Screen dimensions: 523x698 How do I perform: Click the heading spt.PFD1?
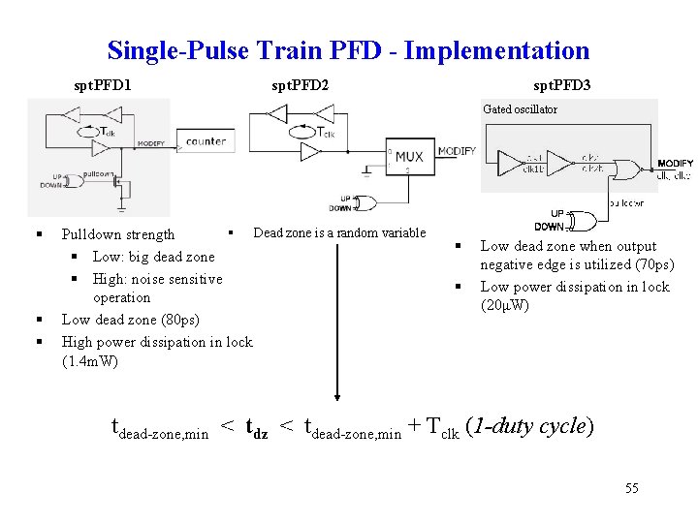103,85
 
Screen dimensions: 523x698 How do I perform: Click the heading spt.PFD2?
300,85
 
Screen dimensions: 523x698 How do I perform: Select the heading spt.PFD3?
562,85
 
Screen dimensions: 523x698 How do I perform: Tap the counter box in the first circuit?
205,142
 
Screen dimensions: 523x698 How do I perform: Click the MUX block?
408,157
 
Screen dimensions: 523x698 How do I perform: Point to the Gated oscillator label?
520,109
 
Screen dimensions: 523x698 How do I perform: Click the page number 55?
631,488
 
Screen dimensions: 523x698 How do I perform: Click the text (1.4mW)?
90,362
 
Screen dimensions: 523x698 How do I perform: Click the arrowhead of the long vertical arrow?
336,394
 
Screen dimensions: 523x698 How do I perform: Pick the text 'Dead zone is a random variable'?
339,232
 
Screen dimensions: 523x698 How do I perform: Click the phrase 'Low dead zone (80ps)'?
129,319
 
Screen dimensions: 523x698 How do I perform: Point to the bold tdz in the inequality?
257,427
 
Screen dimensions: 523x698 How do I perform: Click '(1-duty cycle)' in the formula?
530,426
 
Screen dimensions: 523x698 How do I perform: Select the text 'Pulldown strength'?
118,234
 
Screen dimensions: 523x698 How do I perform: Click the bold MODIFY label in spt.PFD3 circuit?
675,163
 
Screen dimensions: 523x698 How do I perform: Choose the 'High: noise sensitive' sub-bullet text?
157,279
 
